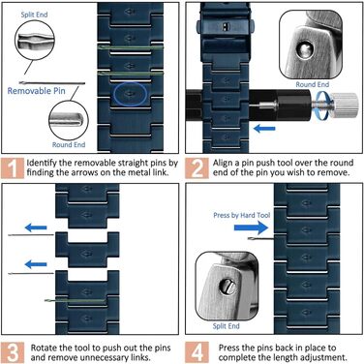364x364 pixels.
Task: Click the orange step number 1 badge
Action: (x=13, y=167)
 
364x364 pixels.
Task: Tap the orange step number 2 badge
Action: (x=197, y=167)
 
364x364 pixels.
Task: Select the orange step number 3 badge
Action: (x=13, y=352)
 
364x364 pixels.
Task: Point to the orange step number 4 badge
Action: (x=197, y=352)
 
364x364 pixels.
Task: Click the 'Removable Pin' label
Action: (x=36, y=91)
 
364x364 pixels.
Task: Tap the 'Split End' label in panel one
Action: (x=34, y=15)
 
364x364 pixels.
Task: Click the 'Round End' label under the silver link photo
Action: (x=313, y=84)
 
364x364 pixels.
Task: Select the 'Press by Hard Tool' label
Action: (x=242, y=215)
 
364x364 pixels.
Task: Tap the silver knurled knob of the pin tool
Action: (x=345, y=104)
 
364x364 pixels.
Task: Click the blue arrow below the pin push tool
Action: (x=264, y=129)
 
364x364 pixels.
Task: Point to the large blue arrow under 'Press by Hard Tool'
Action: (x=251, y=227)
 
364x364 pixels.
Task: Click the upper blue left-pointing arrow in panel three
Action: (x=36, y=227)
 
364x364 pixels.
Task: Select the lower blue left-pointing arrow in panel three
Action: (x=36, y=264)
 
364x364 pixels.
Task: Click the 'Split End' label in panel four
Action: (x=226, y=326)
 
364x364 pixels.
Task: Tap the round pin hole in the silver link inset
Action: (x=305, y=49)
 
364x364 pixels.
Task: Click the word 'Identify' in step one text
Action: (x=41, y=163)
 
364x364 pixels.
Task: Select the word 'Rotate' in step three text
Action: (x=43, y=349)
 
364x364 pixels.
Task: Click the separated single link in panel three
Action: (x=87, y=250)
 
